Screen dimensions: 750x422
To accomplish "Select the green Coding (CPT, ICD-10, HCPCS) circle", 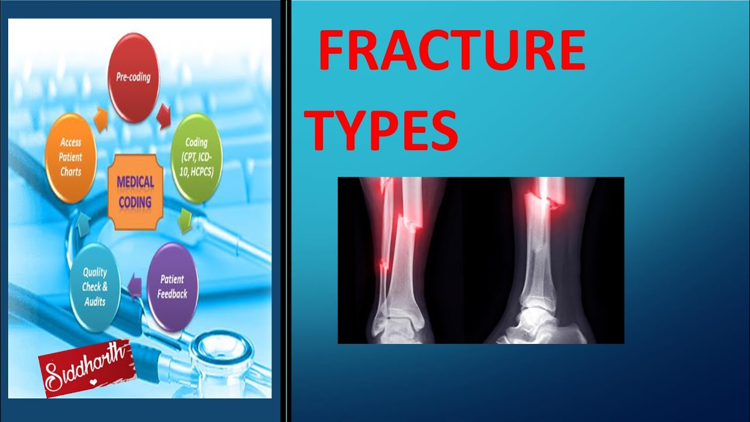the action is (196, 158).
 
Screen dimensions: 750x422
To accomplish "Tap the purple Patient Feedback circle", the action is (172, 287).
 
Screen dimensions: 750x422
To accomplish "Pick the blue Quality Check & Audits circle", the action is (95, 287).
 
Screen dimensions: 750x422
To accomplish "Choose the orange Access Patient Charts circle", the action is (71, 158).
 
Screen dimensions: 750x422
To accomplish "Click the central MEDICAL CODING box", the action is (135, 192).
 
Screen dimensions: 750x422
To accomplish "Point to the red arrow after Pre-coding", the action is (163, 116).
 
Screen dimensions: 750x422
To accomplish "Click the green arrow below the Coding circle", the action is (185, 221).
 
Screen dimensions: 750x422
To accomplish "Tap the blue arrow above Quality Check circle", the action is (83, 226).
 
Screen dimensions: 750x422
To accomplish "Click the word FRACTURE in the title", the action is (452, 50).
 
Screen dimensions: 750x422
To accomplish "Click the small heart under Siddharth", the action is (93, 382).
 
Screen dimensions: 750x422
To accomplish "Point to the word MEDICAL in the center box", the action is (135, 182).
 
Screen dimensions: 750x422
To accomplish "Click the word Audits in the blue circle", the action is (95, 302).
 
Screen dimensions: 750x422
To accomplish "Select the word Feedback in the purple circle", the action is (172, 294).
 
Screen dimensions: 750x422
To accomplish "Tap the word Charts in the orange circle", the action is (71, 172).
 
